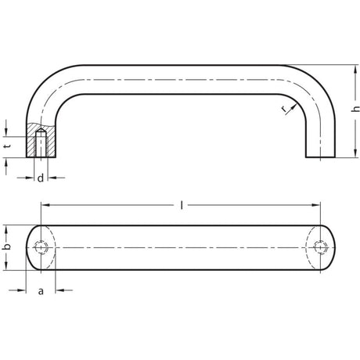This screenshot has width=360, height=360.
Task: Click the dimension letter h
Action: tap(355, 109)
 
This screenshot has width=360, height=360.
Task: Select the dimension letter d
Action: tap(41, 178)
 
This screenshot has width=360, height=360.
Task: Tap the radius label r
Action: tap(285, 110)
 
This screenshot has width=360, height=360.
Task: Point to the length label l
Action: tap(182, 206)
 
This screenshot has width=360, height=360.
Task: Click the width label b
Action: tap(7, 247)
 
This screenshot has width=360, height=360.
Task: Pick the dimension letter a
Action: tap(41, 291)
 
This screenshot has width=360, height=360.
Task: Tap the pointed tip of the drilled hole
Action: tap(41, 128)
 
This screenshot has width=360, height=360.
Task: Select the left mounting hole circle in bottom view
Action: tap(41, 247)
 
